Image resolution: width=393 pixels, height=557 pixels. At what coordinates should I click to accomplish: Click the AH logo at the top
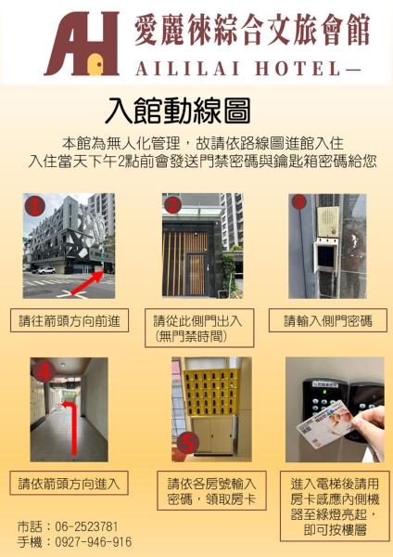tap(82, 44)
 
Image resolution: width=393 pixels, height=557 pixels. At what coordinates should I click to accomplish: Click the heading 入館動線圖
tap(178, 110)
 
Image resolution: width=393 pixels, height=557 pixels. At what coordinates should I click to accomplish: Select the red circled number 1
tap(34, 206)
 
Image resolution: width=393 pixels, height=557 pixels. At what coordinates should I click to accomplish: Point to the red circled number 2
tap(172, 204)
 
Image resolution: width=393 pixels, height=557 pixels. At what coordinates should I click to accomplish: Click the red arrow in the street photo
tap(87, 283)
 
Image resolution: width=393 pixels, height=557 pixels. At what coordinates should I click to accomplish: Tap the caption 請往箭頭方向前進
tap(70, 321)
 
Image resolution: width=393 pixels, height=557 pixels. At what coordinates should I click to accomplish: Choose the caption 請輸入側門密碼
tap(328, 321)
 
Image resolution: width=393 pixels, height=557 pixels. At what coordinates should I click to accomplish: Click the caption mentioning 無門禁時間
tap(199, 328)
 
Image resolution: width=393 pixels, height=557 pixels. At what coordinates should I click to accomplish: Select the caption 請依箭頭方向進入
tap(69, 483)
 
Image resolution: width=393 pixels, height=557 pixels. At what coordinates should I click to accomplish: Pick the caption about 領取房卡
tap(211, 490)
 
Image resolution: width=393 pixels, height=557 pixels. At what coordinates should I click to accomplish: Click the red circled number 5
tap(188, 443)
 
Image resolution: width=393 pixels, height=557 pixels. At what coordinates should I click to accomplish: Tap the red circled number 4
tap(44, 372)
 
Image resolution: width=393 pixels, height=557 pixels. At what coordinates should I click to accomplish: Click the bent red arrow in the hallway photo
tap(73, 428)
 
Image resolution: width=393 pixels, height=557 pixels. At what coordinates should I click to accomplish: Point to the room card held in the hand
tap(325, 423)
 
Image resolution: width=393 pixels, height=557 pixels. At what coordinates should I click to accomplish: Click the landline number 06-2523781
tap(86, 526)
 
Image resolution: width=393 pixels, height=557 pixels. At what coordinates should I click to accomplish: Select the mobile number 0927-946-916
tap(94, 542)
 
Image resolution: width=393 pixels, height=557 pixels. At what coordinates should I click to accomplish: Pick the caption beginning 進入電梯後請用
tap(335, 506)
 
